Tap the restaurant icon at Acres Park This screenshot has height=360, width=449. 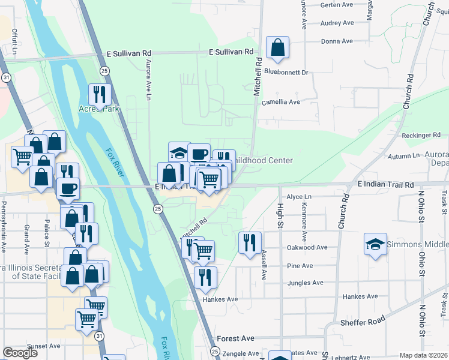coord(100,94)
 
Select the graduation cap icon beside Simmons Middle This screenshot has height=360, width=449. coord(376,244)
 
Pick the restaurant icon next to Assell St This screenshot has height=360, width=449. coord(250,243)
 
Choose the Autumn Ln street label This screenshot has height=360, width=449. coord(387,156)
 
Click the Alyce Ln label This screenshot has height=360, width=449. coord(300,197)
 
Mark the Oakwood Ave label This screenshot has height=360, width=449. coord(307,247)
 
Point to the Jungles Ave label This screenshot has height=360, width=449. coord(306,283)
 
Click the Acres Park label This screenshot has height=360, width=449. coord(99,109)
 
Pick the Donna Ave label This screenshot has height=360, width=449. coord(337,41)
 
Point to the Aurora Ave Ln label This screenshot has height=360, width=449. coord(147,75)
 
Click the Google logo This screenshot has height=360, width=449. coord(20,352)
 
